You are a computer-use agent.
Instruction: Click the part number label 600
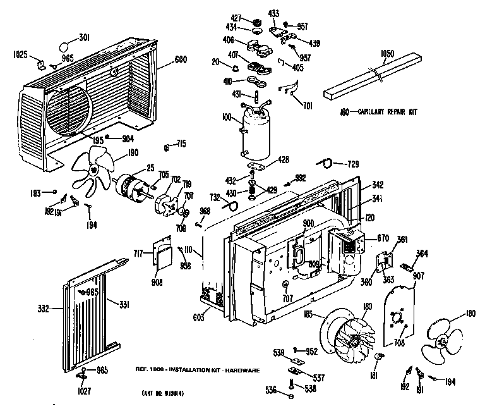tap(180, 60)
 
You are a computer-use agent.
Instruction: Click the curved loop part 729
tap(325, 163)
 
